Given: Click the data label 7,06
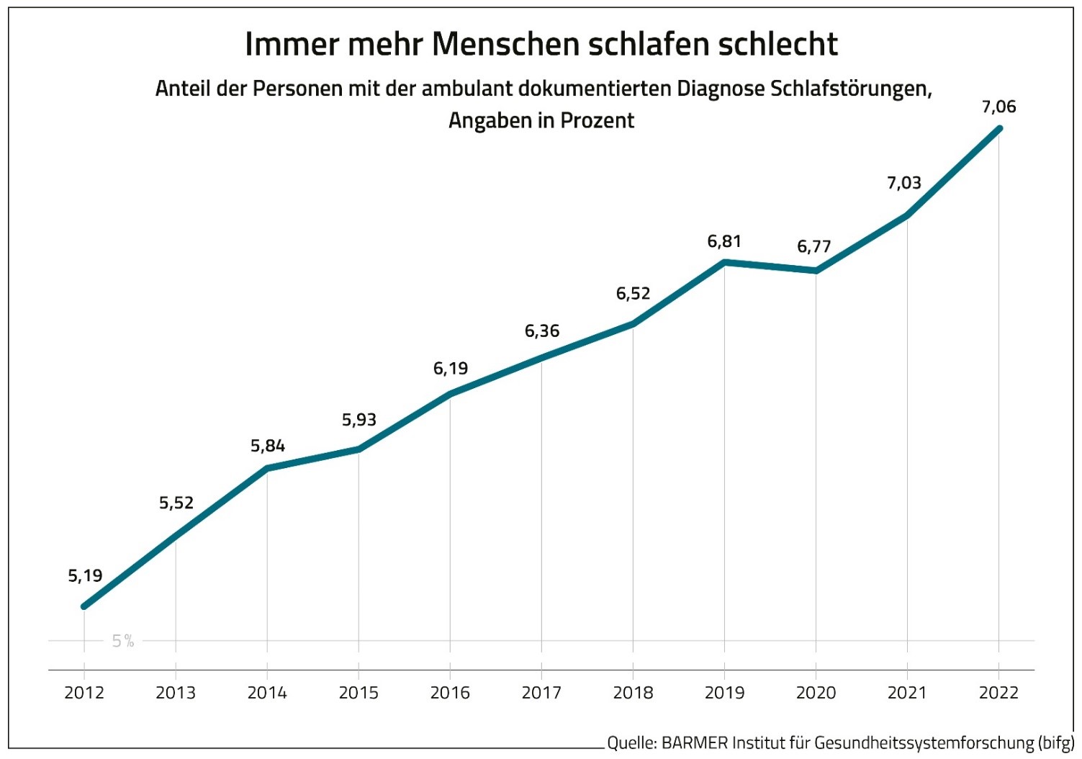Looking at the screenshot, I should click(998, 107).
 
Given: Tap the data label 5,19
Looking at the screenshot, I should click(85, 576).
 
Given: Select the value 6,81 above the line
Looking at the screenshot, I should click(724, 242).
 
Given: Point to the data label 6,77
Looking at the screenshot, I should click(814, 247).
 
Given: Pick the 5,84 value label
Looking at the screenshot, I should click(268, 446).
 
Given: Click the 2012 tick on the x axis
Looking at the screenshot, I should click(84, 693).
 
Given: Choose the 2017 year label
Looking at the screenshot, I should click(541, 693).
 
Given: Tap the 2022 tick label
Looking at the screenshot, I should click(998, 693).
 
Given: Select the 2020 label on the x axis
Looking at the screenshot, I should click(816, 693).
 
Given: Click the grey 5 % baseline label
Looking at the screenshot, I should click(123, 641).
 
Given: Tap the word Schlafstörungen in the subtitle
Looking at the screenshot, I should click(851, 89).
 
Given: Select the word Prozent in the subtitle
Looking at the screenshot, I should click(597, 120).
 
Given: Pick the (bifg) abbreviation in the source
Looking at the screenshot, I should click(1056, 742).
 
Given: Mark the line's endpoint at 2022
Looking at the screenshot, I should click(999, 129).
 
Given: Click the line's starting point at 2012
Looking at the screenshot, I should click(84, 606).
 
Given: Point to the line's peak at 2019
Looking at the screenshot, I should click(724, 262).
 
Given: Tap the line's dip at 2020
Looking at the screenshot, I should click(816, 271).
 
